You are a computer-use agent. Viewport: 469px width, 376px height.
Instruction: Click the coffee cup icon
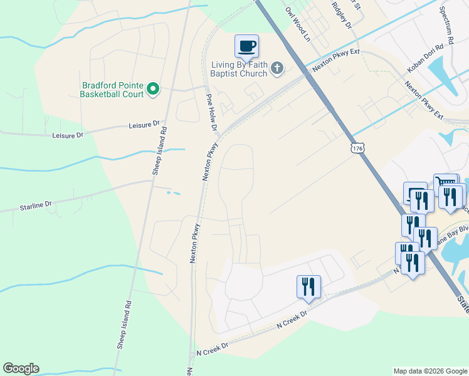click(x=247, y=46)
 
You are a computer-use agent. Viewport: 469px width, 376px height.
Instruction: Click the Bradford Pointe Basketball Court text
click(x=112, y=90)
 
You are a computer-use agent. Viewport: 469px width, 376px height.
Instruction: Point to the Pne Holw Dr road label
click(x=211, y=113)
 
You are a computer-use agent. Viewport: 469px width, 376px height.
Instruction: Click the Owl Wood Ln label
click(x=297, y=24)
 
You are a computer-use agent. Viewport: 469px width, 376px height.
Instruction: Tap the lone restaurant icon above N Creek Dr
click(x=308, y=286)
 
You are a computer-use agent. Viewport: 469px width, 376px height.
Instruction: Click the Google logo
click(x=21, y=368)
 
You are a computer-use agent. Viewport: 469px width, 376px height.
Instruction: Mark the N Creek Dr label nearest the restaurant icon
click(x=293, y=318)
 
